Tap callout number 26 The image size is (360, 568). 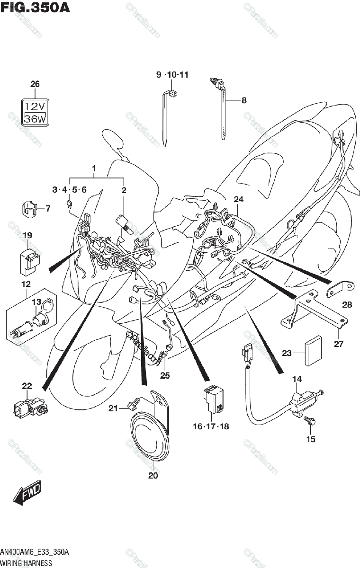[x=35, y=84]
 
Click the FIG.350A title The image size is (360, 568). [x=35, y=8]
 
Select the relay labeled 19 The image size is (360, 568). [x=29, y=260]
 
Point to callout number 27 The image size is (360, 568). [x=351, y=344]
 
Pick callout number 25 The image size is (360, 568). [x=164, y=376]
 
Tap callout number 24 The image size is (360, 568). [x=238, y=199]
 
